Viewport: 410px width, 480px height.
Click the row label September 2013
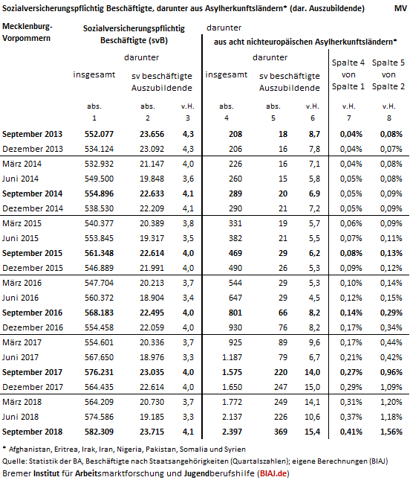tap(32, 134)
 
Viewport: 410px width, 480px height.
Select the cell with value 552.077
tap(99, 134)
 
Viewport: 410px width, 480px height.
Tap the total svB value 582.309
tap(99, 432)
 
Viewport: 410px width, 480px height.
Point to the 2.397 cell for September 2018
tap(232, 432)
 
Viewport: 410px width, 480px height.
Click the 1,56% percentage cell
tap(391, 432)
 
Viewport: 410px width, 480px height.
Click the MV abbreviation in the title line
tap(400, 8)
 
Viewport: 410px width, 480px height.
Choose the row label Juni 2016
tap(21, 298)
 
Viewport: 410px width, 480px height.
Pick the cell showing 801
tap(235, 313)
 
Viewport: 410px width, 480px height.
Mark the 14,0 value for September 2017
tap(312, 372)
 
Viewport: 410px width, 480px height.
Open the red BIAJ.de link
tap(273, 473)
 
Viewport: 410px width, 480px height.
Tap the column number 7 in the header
tap(349, 118)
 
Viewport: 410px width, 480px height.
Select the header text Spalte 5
tap(388, 63)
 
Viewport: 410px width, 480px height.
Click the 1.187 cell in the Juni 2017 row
tap(232, 357)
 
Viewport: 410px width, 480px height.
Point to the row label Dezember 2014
tap(33, 208)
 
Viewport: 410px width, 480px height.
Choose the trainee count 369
tap(281, 432)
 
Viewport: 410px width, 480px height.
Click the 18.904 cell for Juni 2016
tap(152, 298)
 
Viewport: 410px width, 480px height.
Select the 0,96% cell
tap(391, 372)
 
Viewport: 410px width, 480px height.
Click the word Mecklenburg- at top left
tap(27, 27)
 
